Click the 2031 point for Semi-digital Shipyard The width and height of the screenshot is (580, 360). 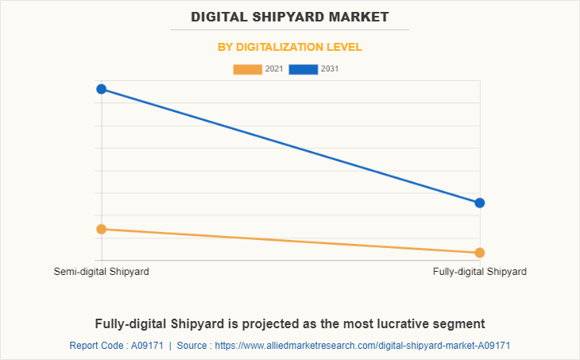[x=102, y=89]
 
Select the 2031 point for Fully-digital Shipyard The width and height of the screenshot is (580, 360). [x=480, y=203]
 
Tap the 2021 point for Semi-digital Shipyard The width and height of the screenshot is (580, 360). [x=102, y=230]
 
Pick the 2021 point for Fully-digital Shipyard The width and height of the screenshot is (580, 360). [x=480, y=253]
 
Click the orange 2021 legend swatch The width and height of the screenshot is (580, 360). [x=247, y=69]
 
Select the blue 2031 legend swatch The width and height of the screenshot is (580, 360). [x=304, y=69]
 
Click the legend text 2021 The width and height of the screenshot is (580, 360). [x=274, y=69]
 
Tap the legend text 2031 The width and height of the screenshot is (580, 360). [x=330, y=69]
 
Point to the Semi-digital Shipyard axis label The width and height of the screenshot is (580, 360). [x=102, y=272]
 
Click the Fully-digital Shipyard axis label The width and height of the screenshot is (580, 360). [x=480, y=272]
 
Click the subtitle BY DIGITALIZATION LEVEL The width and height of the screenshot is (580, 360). [x=290, y=47]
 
